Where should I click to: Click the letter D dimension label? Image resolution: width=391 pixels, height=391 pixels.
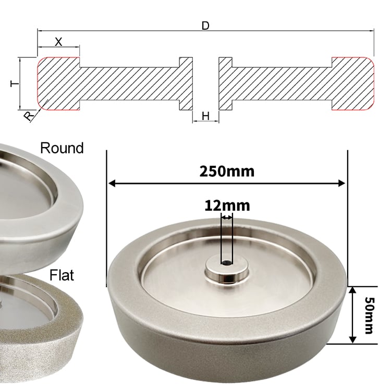tap(205, 26)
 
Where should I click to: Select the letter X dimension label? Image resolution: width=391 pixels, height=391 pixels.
tap(58, 42)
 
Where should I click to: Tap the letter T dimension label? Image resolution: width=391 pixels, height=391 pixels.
tap(15, 83)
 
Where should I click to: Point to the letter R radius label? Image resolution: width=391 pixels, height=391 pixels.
tap(29, 116)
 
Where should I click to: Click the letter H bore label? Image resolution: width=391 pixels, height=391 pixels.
tap(205, 116)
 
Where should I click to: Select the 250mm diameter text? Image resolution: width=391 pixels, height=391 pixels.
tap(227, 172)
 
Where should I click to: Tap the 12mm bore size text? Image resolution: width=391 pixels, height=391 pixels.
tap(227, 206)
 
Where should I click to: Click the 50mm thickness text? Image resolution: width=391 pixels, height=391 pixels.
tap(369, 315)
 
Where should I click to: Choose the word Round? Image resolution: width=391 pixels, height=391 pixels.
tap(62, 148)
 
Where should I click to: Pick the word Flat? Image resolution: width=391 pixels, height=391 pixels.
tap(62, 275)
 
